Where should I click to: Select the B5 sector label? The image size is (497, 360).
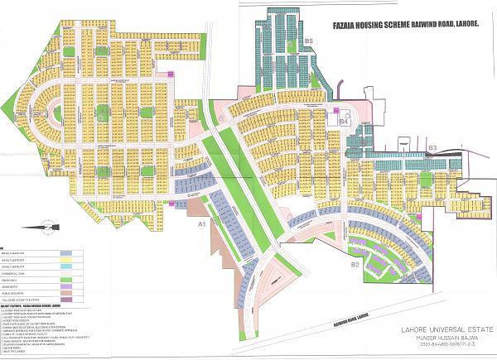click(307, 41)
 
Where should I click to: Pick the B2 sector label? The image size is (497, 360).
click(355, 264)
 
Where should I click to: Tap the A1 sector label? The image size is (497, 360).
click(200, 224)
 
